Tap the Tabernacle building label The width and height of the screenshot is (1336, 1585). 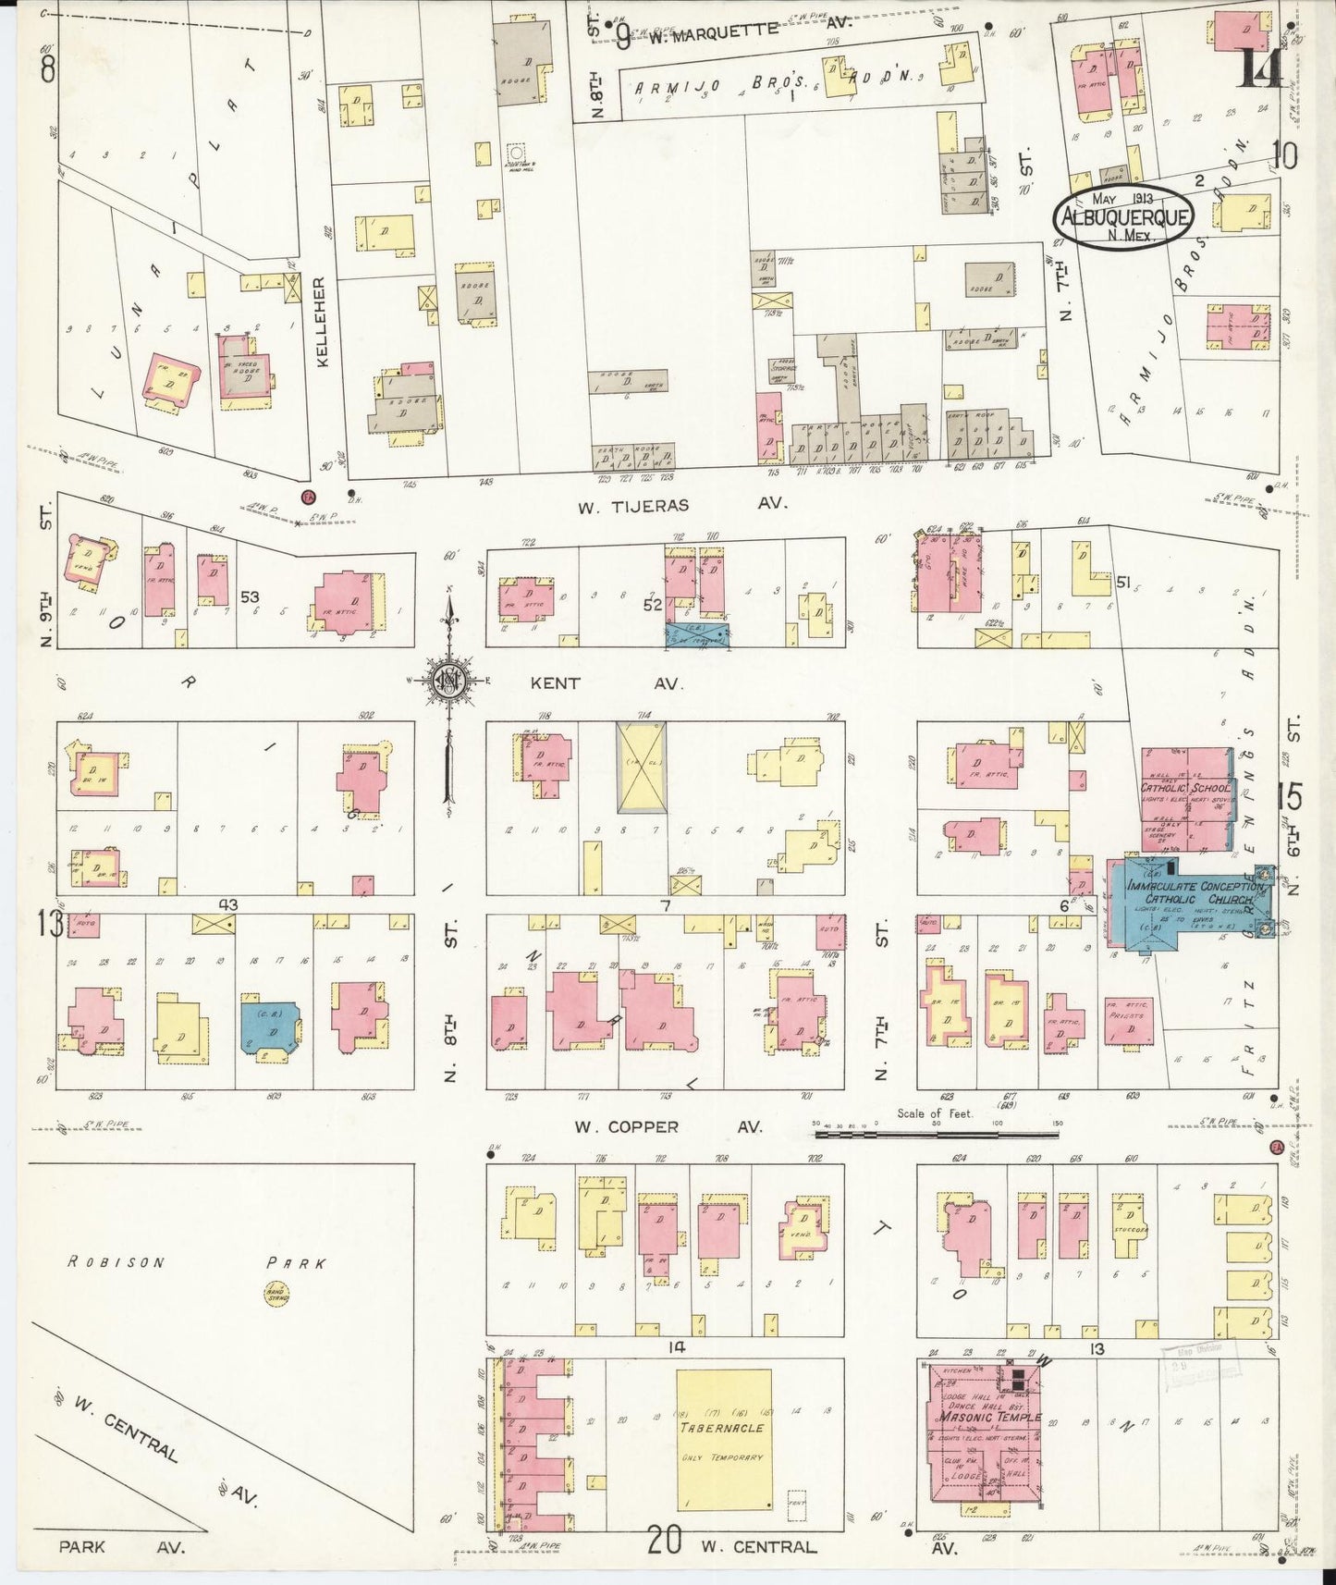pyautogui.click(x=723, y=1427)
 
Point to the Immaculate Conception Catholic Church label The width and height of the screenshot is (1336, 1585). pyautogui.click(x=1192, y=892)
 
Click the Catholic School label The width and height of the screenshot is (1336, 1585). pyautogui.click(x=1184, y=789)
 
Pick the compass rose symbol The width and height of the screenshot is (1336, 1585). pyautogui.click(x=449, y=682)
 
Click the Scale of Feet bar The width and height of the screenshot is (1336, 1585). pyautogui.click(x=937, y=1131)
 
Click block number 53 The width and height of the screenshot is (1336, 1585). pyautogui.click(x=250, y=597)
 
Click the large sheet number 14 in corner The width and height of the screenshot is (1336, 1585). pyautogui.click(x=1259, y=67)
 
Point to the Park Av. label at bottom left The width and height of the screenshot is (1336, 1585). pyautogui.click(x=121, y=1546)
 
